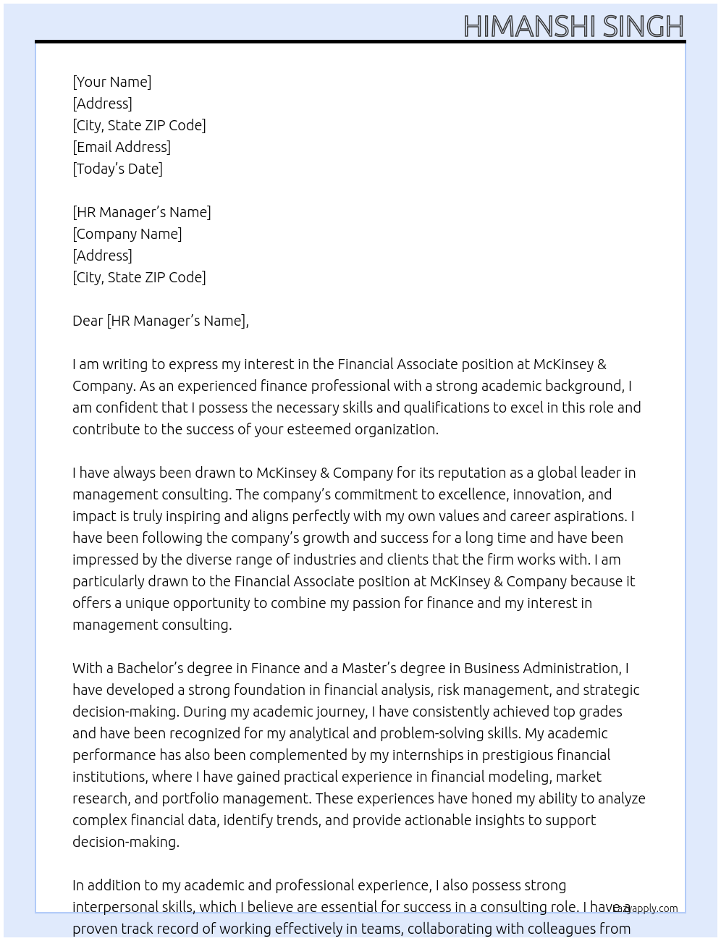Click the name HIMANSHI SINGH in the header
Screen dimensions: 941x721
573,26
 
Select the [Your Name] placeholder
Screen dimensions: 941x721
112,82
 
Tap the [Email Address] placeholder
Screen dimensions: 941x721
122,147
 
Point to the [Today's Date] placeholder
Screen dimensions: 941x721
117,169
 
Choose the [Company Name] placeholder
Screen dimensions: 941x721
127,234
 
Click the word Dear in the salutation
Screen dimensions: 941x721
88,321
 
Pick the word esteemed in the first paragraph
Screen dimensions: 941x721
319,429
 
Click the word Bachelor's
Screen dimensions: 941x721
151,668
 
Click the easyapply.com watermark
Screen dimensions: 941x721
645,908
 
